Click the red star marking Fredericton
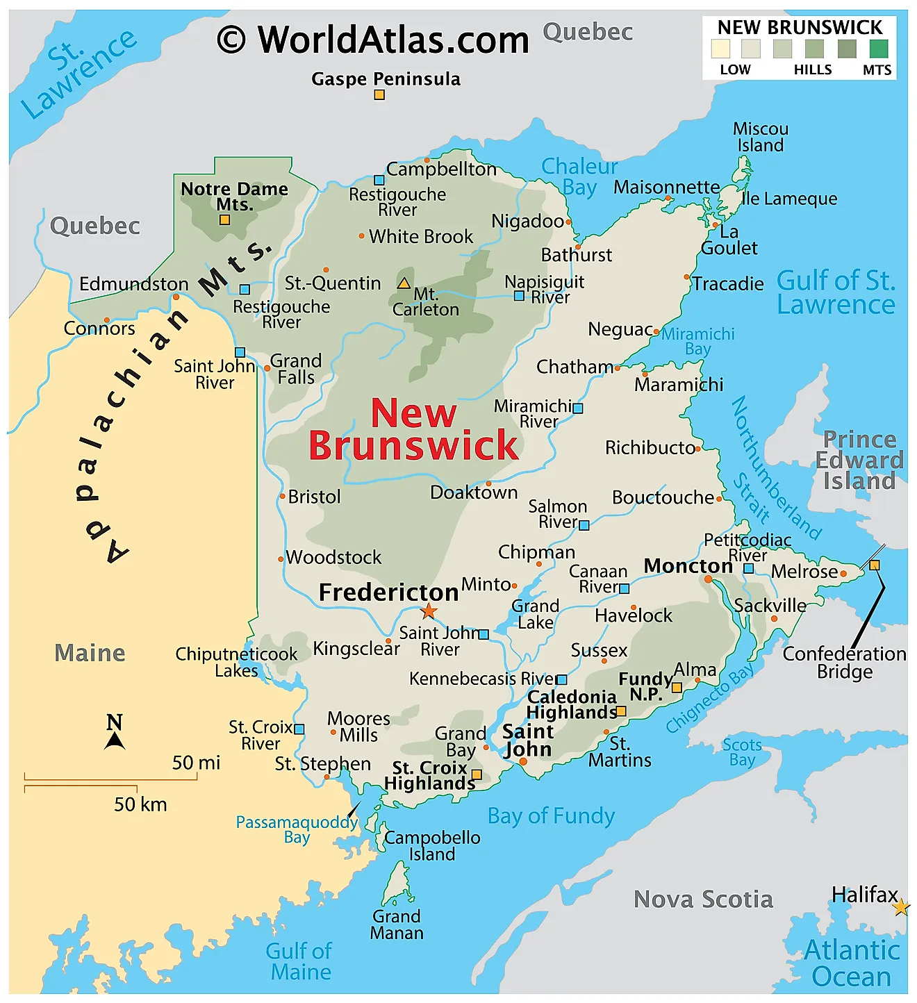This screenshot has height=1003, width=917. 429,611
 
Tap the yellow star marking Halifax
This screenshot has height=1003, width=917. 901,907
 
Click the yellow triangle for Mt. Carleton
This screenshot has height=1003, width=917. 404,283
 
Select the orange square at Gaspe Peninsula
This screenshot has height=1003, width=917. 379,94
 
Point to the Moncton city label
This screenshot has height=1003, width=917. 688,566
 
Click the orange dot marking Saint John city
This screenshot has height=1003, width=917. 523,762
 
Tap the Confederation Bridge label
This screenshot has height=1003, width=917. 844,663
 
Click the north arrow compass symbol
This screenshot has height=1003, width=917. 115,733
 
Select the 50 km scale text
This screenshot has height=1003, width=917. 140,804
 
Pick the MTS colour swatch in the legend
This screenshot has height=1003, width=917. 878,49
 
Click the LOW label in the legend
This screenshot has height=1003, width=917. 735,69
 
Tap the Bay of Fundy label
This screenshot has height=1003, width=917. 551,815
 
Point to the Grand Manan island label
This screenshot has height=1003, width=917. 397,925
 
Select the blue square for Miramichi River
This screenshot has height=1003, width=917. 578,408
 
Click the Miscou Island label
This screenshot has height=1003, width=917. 761,137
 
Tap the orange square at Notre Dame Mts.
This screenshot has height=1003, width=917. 224,219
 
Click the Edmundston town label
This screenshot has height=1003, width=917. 133,284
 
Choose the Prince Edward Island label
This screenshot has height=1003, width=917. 859,460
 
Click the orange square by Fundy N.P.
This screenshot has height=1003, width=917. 677,688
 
